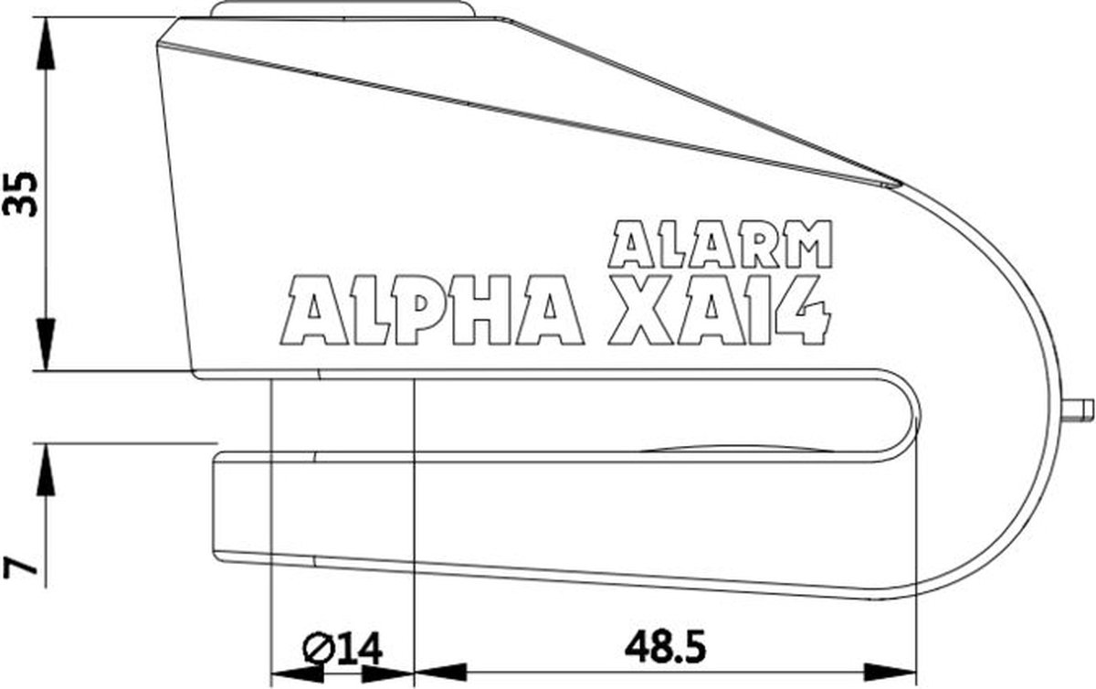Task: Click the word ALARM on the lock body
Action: pyautogui.click(x=721, y=243)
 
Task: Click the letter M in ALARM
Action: pyautogui.click(x=806, y=243)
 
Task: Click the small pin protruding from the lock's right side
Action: pyautogui.click(x=1080, y=407)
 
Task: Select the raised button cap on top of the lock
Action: pyautogui.click(x=342, y=9)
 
